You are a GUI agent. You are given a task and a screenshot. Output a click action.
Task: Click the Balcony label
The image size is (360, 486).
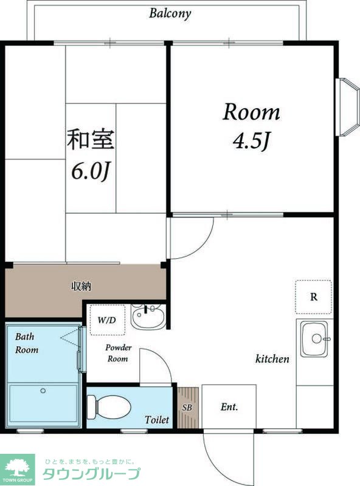[170, 13]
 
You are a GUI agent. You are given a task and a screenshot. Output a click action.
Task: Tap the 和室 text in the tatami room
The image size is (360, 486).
[91, 139]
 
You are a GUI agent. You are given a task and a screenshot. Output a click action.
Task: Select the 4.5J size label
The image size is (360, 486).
[251, 141]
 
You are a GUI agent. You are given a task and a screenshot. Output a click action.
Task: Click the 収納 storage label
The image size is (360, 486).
[81, 286]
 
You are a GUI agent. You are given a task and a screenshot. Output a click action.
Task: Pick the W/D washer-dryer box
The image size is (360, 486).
[108, 320]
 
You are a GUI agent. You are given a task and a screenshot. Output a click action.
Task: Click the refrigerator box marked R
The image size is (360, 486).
[313, 297]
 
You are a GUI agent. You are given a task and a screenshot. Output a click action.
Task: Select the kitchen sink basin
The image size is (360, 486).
[314, 338]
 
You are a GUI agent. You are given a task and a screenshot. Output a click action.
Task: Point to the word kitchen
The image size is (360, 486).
[272, 359]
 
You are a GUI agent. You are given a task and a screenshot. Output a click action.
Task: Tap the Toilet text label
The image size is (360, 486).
[157, 420]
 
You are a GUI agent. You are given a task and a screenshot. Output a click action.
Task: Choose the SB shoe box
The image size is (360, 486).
[188, 407]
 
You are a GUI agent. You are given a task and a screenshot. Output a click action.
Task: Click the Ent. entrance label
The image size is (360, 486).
[229, 407]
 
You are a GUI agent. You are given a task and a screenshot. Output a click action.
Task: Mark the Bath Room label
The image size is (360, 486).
[27, 343]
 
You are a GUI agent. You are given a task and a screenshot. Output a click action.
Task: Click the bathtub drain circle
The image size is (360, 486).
[43, 391]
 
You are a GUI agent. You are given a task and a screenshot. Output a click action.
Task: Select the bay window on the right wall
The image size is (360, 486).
[347, 107]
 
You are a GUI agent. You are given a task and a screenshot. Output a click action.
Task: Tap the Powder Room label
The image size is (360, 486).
[118, 353]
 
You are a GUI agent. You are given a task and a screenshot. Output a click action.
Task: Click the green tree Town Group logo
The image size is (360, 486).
[18, 468]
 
